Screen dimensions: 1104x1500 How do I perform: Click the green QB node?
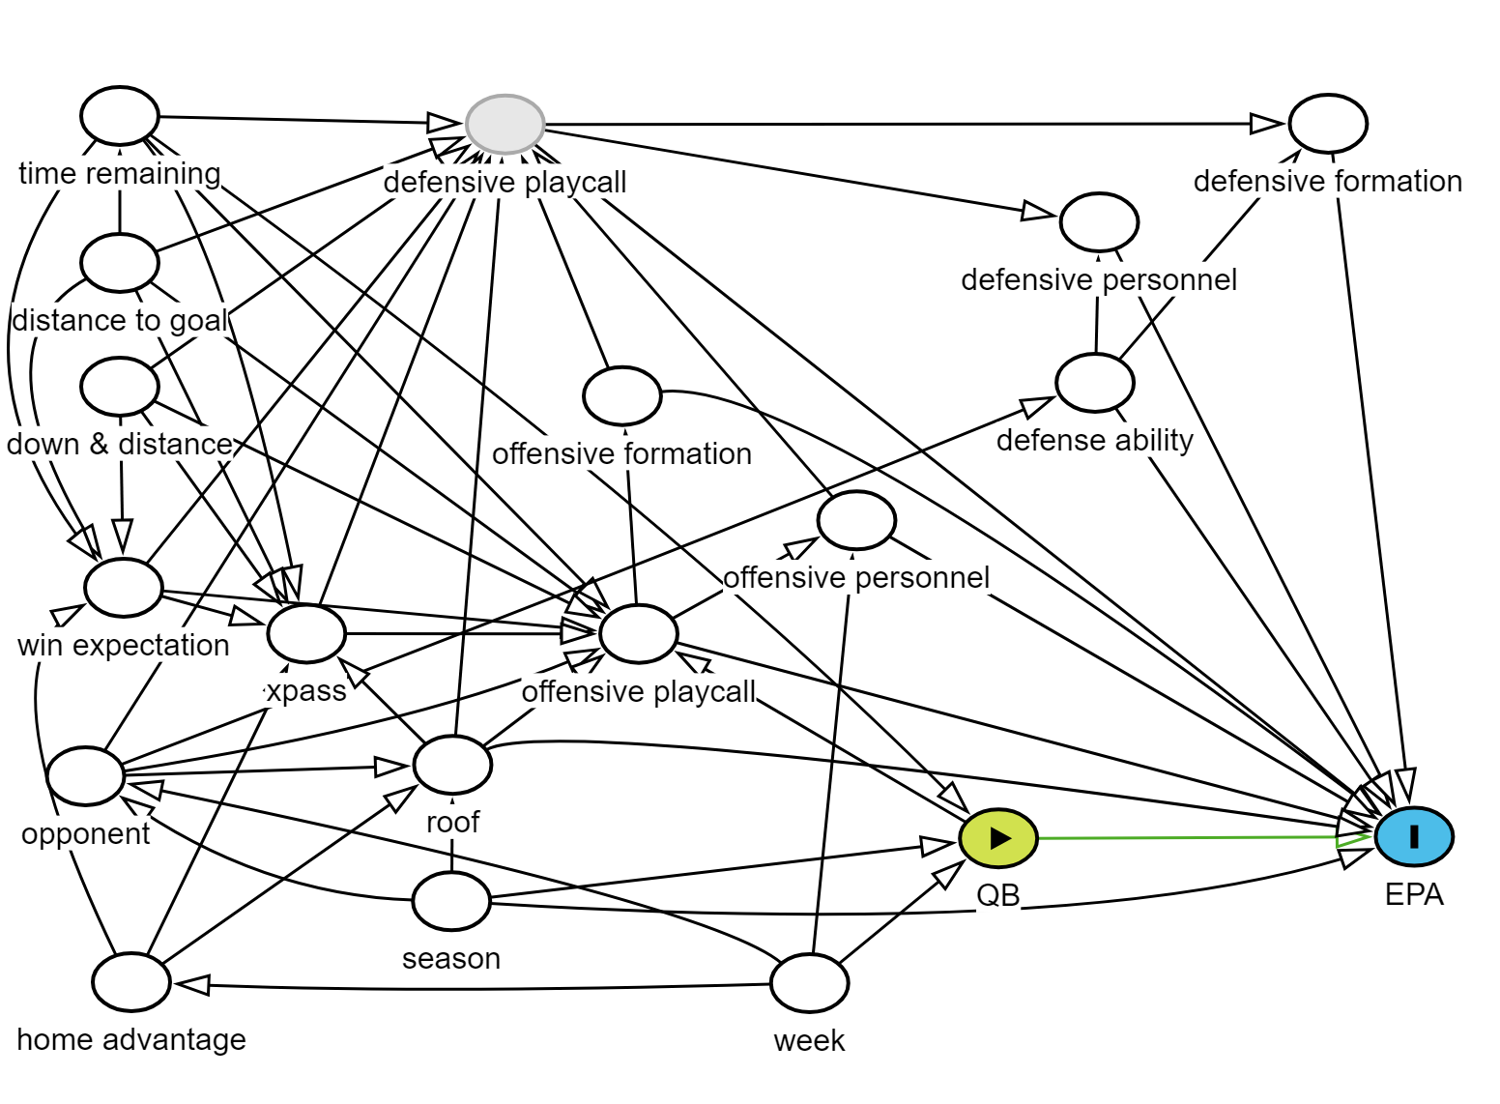(998, 837)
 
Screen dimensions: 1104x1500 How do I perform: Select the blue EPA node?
(1414, 836)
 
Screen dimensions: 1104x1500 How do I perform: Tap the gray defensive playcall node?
(505, 125)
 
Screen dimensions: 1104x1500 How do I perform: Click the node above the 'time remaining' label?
(120, 116)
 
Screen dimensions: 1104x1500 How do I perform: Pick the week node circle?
(810, 982)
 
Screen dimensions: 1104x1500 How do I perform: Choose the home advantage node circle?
(131, 982)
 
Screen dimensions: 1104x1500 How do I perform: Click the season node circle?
(451, 901)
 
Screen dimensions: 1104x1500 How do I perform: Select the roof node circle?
(452, 764)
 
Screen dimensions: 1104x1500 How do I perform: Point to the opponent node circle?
(86, 775)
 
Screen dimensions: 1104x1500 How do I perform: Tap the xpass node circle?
(306, 634)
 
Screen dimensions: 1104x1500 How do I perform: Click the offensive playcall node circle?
(639, 634)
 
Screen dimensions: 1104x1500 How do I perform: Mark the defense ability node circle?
(1095, 383)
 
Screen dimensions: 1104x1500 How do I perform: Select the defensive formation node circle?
(1328, 124)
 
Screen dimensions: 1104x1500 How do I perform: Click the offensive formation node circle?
(622, 396)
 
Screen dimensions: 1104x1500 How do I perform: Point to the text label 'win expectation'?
(124, 645)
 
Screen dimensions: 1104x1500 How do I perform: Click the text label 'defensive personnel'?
(1099, 280)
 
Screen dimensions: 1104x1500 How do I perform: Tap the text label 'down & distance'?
(120, 445)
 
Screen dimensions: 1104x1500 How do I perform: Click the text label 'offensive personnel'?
(856, 578)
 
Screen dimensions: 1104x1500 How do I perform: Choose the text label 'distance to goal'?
(120, 320)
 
